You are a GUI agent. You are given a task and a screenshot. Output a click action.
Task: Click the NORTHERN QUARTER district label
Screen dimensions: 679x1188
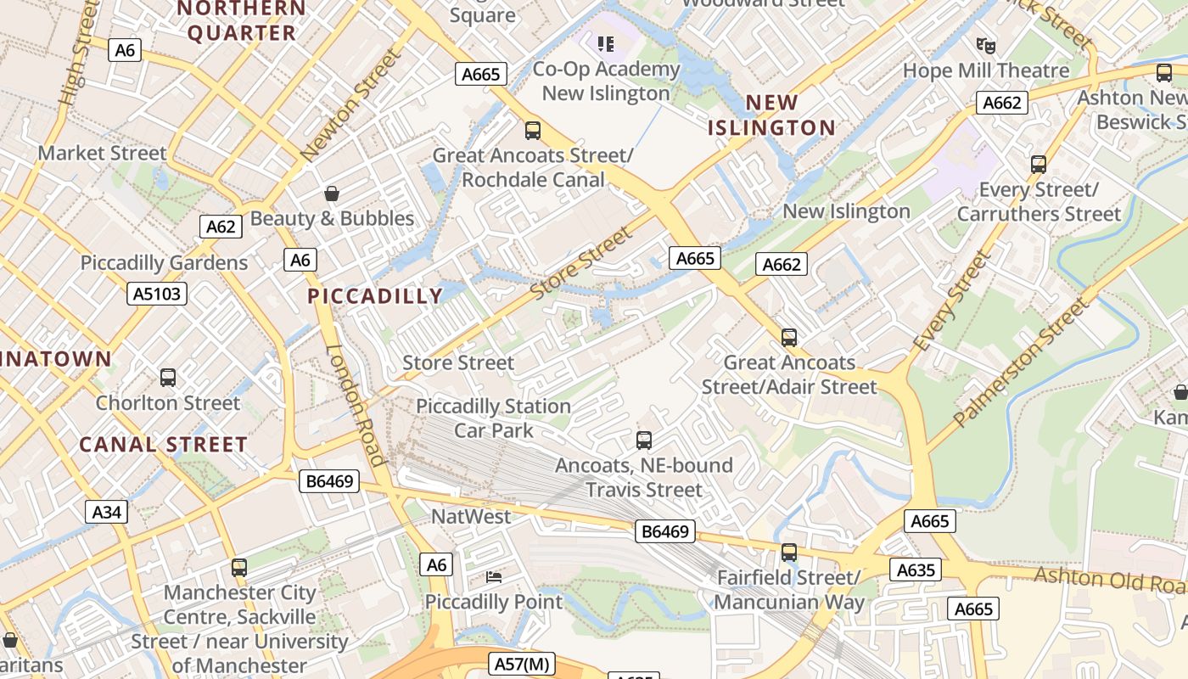pos(241,20)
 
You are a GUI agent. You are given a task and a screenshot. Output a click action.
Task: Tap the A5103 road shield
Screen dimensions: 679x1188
pos(157,294)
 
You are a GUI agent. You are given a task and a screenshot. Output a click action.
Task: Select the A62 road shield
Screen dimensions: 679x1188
pos(221,227)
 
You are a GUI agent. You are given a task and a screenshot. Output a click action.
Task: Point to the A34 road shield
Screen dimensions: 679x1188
pos(107,512)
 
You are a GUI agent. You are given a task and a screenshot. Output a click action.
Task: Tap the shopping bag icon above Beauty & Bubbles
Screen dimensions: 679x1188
pos(332,194)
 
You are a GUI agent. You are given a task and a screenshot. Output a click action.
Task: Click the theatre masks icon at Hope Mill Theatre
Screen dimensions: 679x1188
pos(985,45)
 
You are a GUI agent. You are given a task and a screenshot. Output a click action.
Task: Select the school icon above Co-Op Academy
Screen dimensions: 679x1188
pos(605,43)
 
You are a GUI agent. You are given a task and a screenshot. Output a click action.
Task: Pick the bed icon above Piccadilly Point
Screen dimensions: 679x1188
pos(493,577)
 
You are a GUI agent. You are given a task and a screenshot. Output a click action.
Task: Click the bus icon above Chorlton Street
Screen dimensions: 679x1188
pos(168,378)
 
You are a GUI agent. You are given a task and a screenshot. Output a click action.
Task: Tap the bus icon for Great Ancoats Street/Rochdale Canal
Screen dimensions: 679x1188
pos(533,131)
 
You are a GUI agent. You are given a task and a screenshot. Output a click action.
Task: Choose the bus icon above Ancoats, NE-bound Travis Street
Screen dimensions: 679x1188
pos(644,441)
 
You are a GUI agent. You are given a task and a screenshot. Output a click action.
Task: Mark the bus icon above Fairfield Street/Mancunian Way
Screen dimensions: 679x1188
pos(789,553)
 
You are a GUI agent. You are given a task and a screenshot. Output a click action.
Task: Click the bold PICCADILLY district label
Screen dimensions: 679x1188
pos(375,296)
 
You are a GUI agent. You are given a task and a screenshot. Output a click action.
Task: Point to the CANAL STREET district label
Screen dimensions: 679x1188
pos(163,445)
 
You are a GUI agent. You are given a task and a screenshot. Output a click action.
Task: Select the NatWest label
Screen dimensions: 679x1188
pos(472,517)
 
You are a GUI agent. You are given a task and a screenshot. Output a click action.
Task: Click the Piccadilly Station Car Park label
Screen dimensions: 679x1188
pos(493,418)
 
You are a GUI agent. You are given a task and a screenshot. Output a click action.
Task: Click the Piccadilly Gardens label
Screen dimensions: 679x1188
pos(164,263)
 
